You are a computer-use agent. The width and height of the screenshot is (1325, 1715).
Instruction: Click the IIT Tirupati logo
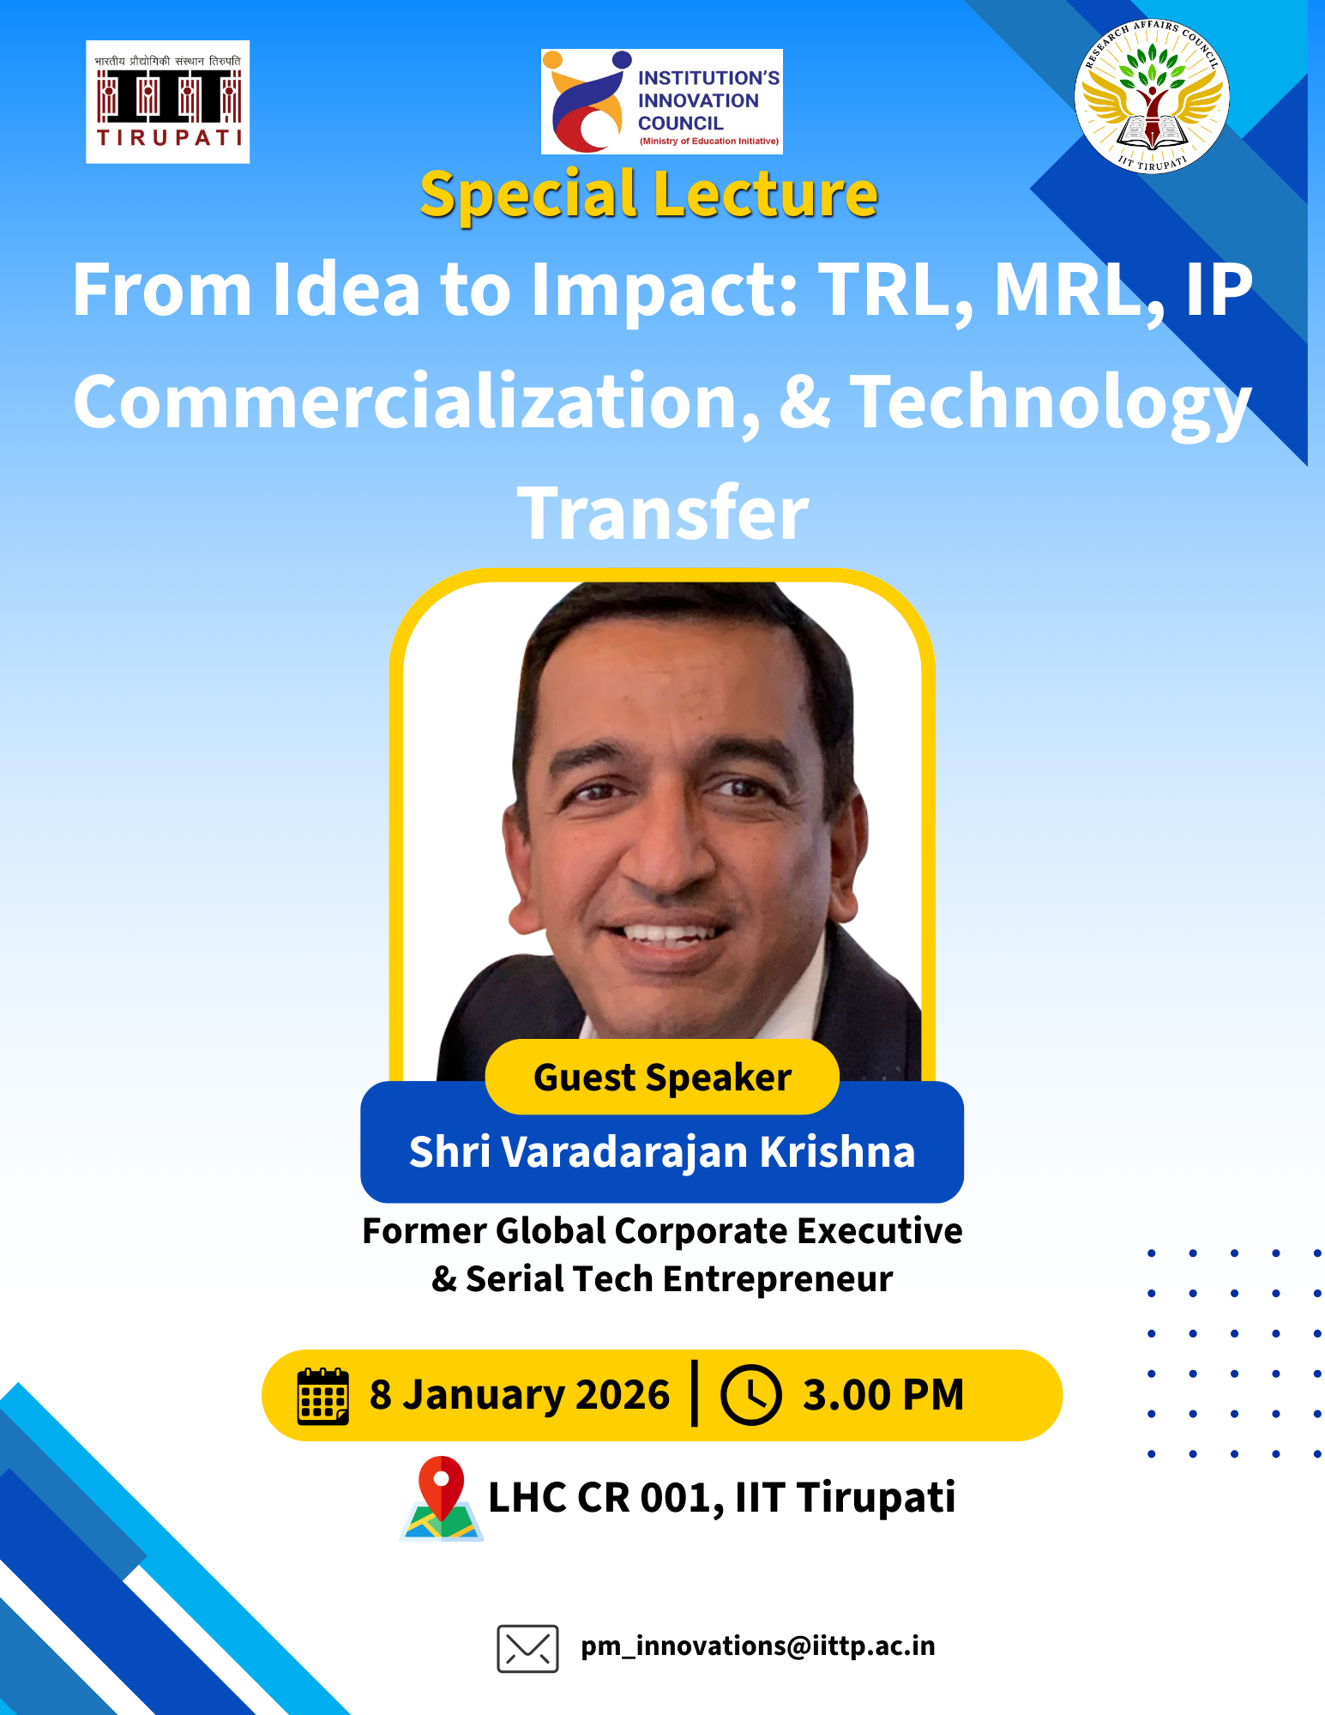click(168, 101)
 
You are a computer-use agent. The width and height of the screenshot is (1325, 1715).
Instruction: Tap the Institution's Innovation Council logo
click(662, 101)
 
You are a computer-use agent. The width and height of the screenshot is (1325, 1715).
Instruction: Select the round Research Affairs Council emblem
click(1152, 96)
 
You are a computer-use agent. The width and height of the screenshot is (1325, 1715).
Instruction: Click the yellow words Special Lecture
click(649, 195)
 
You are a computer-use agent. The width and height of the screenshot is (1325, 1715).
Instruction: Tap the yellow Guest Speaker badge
click(662, 1077)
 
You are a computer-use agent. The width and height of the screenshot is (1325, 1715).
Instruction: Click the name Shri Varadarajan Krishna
click(662, 1151)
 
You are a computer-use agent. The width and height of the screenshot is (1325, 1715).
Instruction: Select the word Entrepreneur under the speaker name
click(778, 1279)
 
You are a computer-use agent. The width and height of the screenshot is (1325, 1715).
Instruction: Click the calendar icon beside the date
click(323, 1396)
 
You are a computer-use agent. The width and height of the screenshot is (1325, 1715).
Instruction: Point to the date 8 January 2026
click(520, 1395)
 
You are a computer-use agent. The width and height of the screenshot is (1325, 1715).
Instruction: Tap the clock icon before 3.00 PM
click(750, 1395)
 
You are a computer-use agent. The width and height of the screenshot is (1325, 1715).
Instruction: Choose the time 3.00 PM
click(883, 1395)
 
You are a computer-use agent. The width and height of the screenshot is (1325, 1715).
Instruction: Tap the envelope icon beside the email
click(527, 1648)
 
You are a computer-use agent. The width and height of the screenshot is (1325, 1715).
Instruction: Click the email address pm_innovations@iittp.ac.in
click(758, 1646)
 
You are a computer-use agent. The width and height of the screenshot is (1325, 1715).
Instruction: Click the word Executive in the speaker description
click(880, 1231)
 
